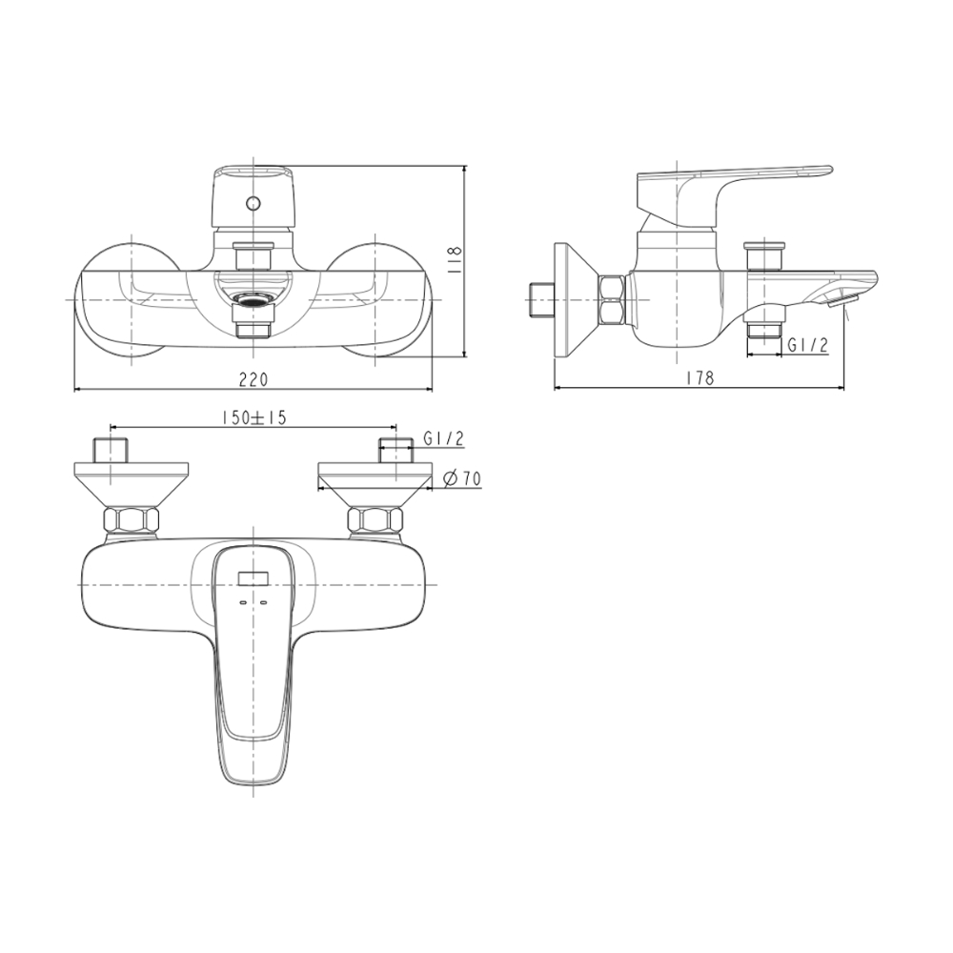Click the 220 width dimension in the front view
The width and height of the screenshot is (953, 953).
pos(253,378)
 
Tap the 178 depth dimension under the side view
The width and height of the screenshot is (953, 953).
pos(700,378)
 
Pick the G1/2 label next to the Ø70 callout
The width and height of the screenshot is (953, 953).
pos(443,438)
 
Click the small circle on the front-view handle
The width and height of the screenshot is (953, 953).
pos(253,203)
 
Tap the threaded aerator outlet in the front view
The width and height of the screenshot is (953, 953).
pos(253,303)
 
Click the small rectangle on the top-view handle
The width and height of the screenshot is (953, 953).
pos(254,577)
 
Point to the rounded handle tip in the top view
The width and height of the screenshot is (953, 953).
pos(253,767)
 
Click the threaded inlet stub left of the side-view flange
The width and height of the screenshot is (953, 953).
pos(540,300)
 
